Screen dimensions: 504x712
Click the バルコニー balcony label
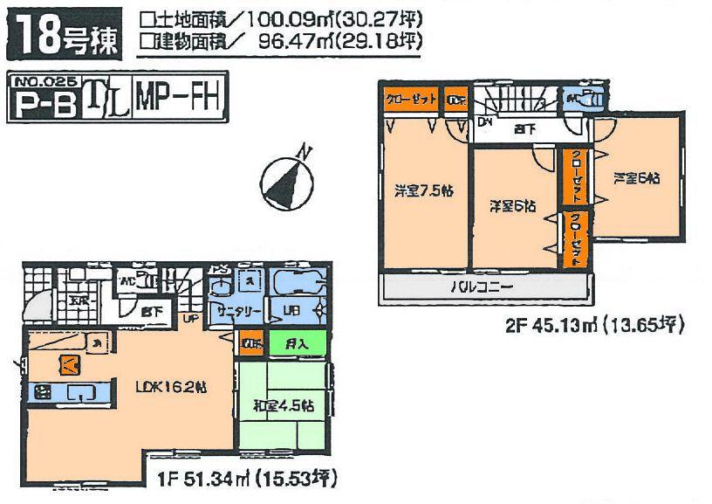coord(481,287)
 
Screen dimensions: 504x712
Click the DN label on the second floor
coord(484,121)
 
